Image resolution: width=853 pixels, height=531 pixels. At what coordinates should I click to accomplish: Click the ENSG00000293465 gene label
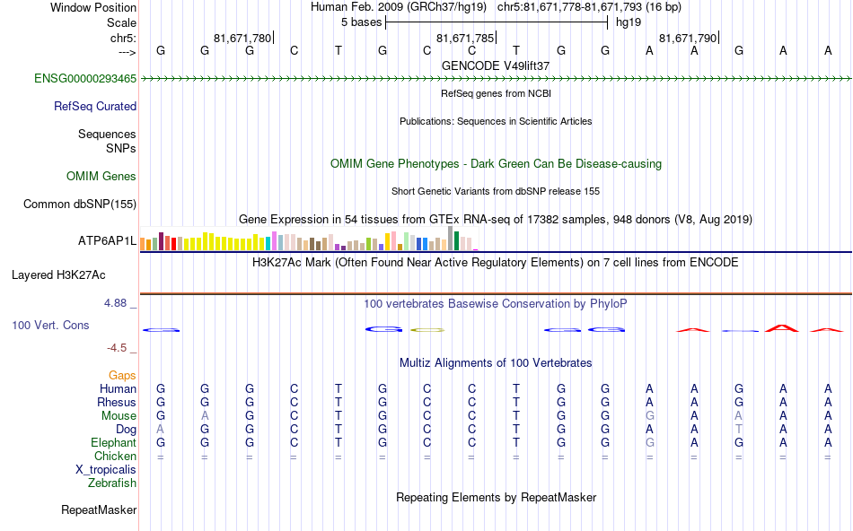85,79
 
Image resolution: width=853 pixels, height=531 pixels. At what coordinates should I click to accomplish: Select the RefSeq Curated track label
94,106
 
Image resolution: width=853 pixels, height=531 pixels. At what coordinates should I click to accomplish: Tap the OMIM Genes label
101,176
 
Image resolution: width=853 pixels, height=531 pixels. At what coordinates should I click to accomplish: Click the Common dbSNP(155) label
79,204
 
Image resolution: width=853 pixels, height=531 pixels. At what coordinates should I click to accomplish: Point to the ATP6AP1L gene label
107,241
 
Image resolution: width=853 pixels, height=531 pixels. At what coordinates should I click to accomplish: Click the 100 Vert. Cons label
50,325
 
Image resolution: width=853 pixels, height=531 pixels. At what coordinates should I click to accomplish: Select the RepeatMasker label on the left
99,510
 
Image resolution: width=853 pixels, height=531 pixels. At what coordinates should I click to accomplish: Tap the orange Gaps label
122,375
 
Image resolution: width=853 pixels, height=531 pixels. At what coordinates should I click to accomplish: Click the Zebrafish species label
111,483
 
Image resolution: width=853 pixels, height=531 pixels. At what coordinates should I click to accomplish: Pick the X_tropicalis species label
106,469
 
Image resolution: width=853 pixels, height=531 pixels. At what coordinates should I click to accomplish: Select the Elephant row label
113,442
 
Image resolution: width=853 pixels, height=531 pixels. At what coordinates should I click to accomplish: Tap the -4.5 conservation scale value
119,348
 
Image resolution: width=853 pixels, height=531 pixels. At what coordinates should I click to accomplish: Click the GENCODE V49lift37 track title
496,65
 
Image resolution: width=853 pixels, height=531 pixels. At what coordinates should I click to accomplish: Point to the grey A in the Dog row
161,429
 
